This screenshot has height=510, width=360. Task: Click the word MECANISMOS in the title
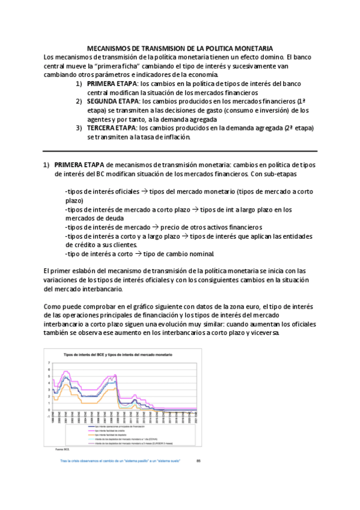click(x=109, y=48)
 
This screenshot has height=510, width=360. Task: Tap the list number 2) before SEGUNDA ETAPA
click(x=79, y=102)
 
